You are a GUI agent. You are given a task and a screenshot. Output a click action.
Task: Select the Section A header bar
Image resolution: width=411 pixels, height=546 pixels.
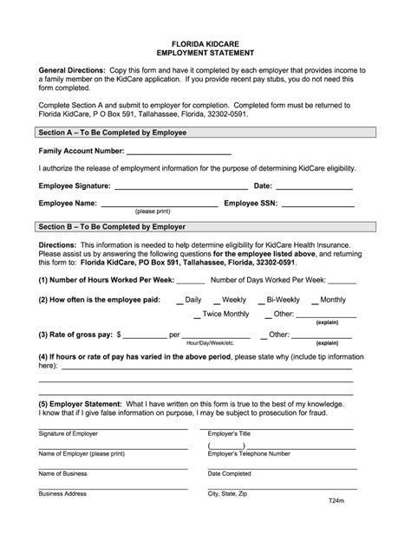point(206,133)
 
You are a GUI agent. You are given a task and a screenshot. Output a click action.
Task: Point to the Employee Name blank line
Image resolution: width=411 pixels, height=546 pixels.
point(159,205)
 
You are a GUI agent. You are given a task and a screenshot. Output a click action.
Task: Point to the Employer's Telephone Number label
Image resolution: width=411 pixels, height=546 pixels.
point(249,453)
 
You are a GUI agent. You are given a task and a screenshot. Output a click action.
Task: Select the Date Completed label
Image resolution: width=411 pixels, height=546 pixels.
point(230,474)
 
